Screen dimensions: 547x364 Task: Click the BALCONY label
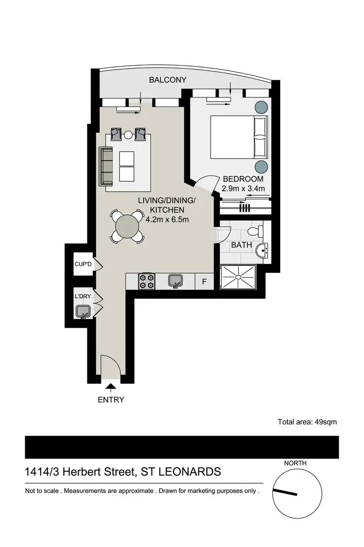click(x=167, y=80)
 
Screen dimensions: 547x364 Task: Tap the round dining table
click(x=127, y=226)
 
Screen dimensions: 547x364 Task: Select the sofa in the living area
click(x=106, y=166)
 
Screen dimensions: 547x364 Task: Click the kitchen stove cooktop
click(x=147, y=281)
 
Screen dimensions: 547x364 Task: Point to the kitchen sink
click(x=175, y=281)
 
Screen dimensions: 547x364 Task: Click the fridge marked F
click(x=204, y=282)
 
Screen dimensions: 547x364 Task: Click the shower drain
click(x=238, y=277)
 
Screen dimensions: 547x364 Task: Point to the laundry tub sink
click(x=82, y=312)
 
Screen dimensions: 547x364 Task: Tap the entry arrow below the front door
click(x=111, y=387)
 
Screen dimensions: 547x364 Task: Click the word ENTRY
click(x=111, y=400)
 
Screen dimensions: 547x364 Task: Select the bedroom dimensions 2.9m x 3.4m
click(x=243, y=189)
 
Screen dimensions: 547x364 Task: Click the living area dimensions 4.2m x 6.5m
click(x=166, y=219)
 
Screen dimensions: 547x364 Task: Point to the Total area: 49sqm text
click(x=307, y=422)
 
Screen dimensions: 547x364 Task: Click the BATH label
click(x=241, y=245)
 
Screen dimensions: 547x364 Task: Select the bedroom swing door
click(x=204, y=182)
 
